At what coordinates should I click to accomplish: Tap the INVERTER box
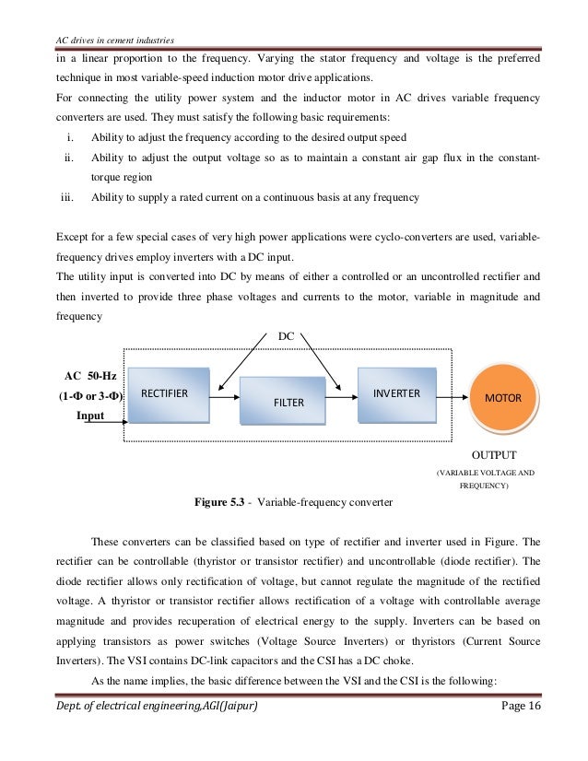[x=396, y=394]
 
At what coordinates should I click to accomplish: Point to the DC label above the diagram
[x=287, y=337]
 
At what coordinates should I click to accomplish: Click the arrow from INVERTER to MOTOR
[x=451, y=396]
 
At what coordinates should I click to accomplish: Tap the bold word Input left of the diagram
[x=89, y=416]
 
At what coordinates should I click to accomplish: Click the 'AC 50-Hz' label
[x=90, y=378]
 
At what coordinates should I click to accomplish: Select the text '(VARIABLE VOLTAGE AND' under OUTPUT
[x=485, y=472]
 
